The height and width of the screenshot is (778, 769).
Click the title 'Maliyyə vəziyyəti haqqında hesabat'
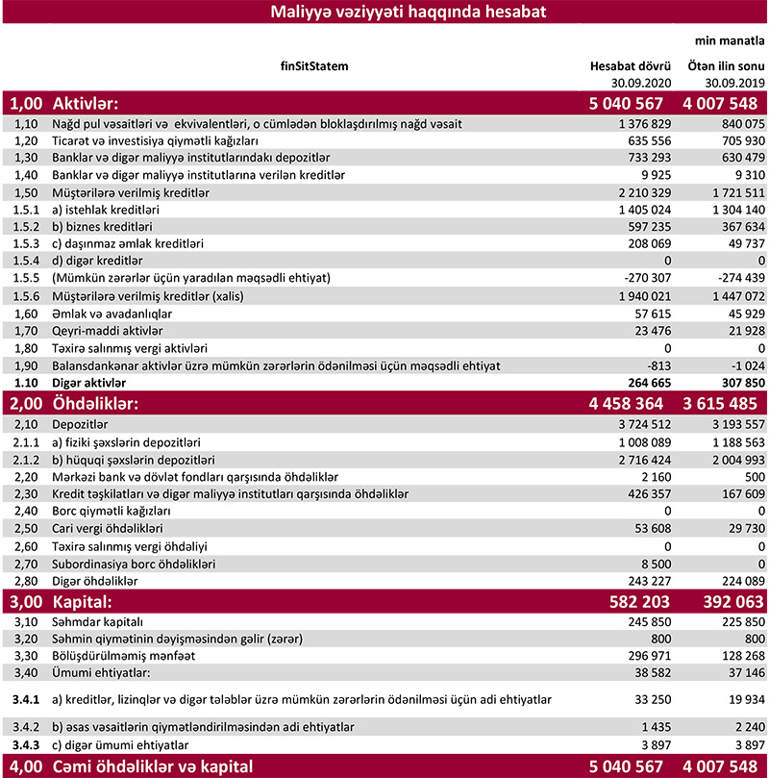pyautogui.click(x=384, y=13)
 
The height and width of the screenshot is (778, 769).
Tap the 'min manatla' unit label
pyautogui.click(x=730, y=41)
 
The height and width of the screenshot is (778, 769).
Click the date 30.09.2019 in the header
pyautogui.click(x=733, y=83)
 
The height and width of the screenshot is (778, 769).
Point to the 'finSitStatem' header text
pyautogui.click(x=314, y=66)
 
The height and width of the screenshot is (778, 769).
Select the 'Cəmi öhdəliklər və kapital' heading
pyautogui.click(x=152, y=766)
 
